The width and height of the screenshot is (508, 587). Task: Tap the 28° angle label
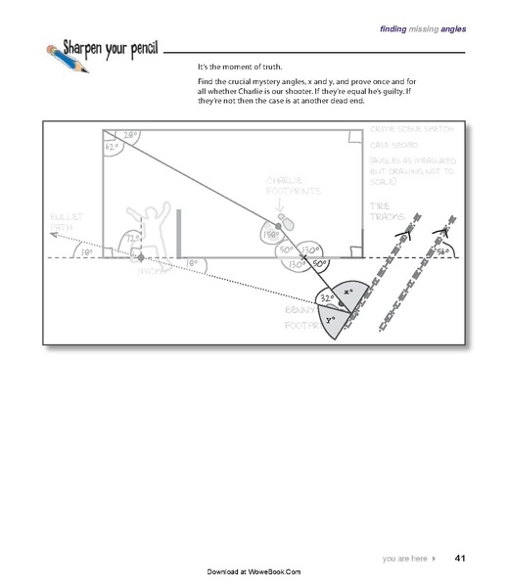pos(130,136)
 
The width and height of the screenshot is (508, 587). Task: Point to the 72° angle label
pos(129,238)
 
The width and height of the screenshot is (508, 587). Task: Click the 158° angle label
pos(269,234)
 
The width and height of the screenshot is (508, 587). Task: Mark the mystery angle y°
pos(331,319)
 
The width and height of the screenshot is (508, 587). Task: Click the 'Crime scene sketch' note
pos(399,144)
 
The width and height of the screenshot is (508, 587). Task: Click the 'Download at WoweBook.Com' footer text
pos(254,570)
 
